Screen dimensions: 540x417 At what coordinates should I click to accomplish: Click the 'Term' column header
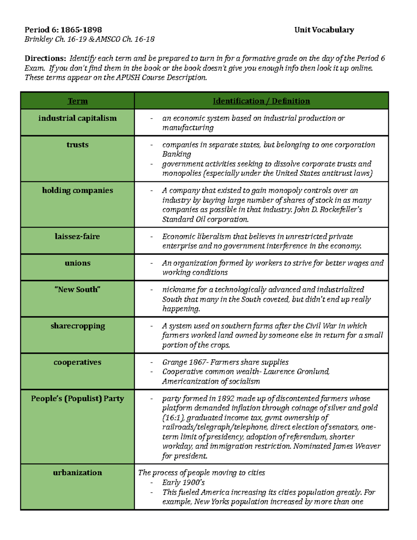[x=77, y=101]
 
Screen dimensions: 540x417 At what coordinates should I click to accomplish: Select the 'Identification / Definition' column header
[x=261, y=101]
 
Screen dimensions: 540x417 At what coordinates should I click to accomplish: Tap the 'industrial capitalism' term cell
[x=77, y=118]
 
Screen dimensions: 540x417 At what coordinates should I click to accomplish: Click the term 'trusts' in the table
[x=77, y=145]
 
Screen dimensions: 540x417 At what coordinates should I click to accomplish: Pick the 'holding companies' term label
[x=77, y=191]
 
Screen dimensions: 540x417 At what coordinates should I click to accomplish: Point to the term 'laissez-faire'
[x=77, y=236]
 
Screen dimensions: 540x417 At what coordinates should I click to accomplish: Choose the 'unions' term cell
[x=77, y=263]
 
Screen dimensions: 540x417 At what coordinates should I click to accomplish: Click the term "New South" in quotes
[x=77, y=290]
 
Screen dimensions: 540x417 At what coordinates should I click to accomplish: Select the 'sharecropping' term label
[x=77, y=326]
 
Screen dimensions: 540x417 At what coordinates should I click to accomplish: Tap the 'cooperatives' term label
[x=77, y=362]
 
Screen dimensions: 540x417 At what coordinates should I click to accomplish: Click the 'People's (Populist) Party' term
[x=77, y=398]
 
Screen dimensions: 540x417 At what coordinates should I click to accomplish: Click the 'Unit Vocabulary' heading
[x=324, y=30]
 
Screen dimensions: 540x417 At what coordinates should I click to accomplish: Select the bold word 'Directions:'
[x=45, y=58]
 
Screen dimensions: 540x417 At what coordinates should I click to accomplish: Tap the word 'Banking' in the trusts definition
[x=177, y=154]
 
